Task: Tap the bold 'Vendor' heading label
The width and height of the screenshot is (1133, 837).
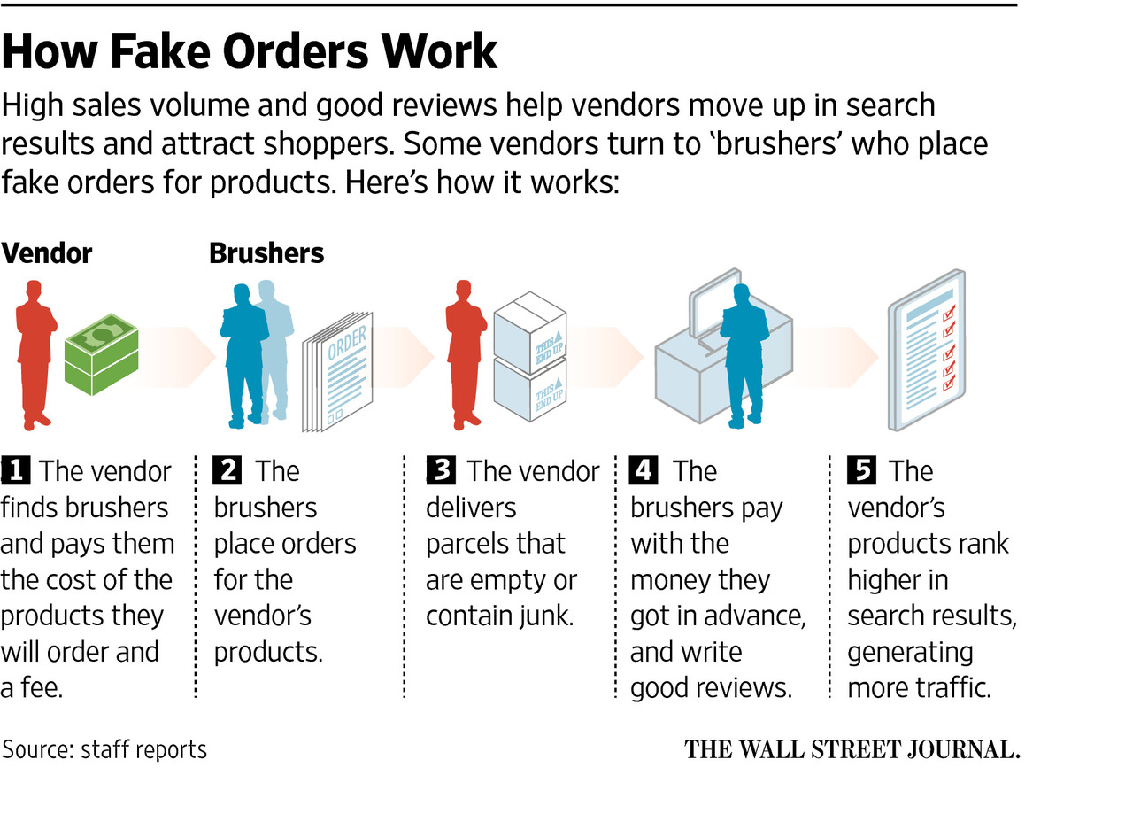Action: pos(47,253)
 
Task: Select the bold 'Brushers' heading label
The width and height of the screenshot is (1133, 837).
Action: pos(266,253)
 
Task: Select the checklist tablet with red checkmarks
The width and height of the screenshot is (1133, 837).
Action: pos(927,350)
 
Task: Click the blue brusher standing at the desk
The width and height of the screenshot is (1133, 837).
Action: pos(744,354)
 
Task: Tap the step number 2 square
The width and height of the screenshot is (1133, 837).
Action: pos(227,470)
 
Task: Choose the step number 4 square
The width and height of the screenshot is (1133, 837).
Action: pos(644,470)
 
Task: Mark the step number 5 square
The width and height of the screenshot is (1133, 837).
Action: pos(861,470)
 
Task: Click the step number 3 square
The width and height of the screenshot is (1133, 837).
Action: pos(440,470)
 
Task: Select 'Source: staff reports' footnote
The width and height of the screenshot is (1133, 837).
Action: pos(104,749)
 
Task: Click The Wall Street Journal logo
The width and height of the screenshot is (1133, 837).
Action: pos(852,749)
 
